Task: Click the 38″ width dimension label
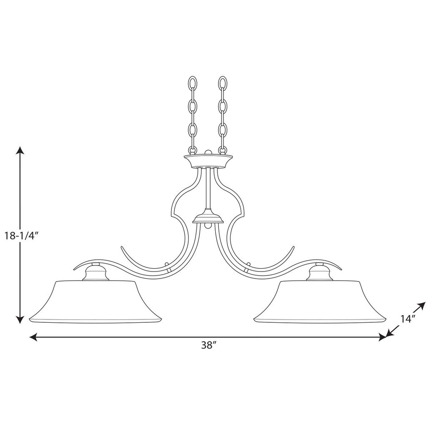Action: pos(207,345)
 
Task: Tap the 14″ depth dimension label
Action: pos(408,319)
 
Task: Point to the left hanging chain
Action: pos(193,115)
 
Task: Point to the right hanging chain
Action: pos(223,115)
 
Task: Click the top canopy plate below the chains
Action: pos(208,161)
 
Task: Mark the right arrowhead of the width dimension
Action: pos(382,337)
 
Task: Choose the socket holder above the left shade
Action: pos(95,274)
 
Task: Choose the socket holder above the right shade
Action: pos(319,274)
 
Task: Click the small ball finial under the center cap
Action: pos(208,226)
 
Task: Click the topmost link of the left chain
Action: pos(193,83)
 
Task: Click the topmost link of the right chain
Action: pos(223,83)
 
